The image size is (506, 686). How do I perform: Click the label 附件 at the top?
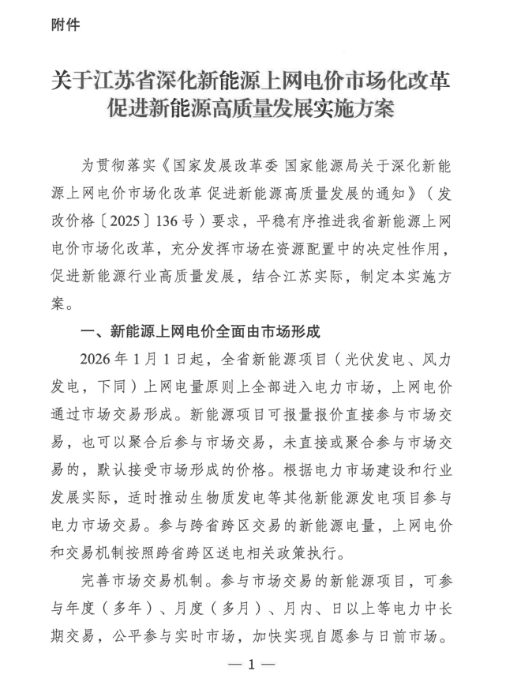click(66, 24)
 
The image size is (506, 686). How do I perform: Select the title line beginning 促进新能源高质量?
click(252, 109)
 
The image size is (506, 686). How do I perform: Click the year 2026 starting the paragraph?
click(99, 358)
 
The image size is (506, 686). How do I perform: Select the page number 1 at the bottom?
click(253, 665)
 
